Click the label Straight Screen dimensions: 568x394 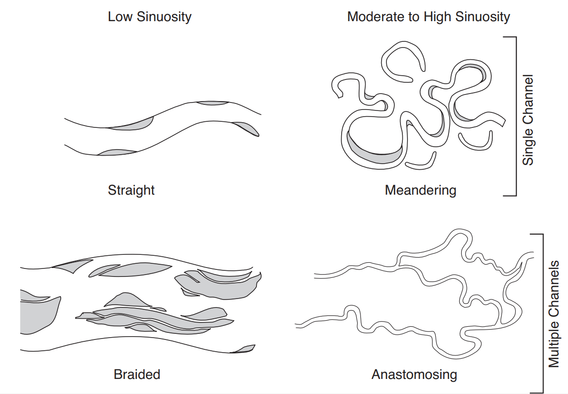(131, 190)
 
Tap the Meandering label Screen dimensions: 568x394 (420, 190)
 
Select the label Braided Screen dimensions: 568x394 (137, 375)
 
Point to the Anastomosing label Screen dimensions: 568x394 (414, 375)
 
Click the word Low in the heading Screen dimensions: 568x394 (119, 17)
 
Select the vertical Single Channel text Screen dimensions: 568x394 (528, 119)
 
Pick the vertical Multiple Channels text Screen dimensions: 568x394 (554, 314)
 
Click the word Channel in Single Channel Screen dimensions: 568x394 (528, 100)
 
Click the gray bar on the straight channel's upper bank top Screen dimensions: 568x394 (212, 103)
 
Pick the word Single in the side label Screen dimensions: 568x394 (528, 147)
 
